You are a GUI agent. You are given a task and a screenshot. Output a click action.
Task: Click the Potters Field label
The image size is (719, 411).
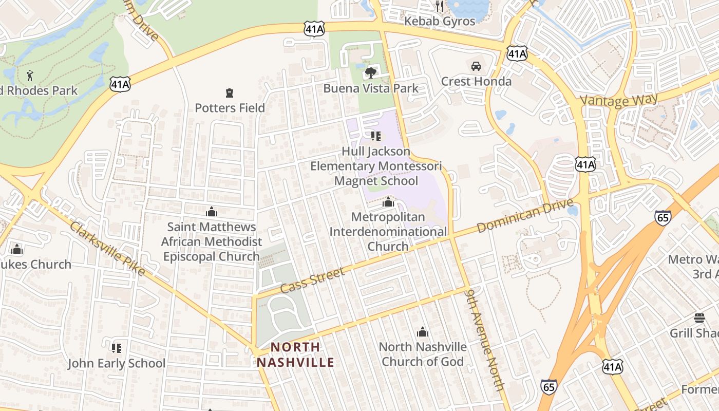230,108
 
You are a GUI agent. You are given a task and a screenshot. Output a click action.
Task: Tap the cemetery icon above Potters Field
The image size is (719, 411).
230,93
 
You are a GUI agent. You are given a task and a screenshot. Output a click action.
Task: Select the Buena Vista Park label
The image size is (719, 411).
371,88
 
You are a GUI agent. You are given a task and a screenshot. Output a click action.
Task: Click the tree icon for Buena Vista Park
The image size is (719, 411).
370,73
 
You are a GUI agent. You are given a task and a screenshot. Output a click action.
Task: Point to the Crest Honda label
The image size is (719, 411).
476,81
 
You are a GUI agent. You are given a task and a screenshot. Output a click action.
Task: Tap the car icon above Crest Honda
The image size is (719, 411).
476,66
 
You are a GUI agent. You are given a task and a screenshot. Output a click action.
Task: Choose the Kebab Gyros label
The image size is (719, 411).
440,21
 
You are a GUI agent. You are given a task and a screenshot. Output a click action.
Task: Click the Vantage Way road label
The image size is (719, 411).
619,99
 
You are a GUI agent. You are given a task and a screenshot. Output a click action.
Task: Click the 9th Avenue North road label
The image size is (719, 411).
485,339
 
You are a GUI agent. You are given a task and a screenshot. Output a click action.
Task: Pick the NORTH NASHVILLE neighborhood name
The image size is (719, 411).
295,354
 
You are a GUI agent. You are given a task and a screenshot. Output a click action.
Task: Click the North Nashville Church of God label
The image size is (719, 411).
423,354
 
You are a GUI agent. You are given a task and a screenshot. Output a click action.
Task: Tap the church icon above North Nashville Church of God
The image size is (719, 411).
423,332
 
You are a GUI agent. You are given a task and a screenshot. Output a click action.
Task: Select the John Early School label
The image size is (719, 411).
117,363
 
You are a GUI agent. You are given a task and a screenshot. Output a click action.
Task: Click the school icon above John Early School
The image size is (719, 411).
117,348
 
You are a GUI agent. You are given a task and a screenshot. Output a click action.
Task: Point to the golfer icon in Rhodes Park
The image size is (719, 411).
30,76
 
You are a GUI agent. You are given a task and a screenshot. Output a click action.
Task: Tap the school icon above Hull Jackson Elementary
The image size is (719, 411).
376,136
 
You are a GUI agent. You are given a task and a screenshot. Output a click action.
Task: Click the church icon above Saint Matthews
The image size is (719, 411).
211,212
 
